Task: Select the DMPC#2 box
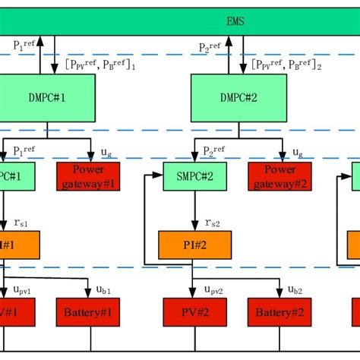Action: click(238, 98)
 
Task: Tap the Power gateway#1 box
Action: click(88, 175)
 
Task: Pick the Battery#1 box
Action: click(88, 311)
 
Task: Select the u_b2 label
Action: click(295, 289)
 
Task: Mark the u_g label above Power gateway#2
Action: click(297, 152)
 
